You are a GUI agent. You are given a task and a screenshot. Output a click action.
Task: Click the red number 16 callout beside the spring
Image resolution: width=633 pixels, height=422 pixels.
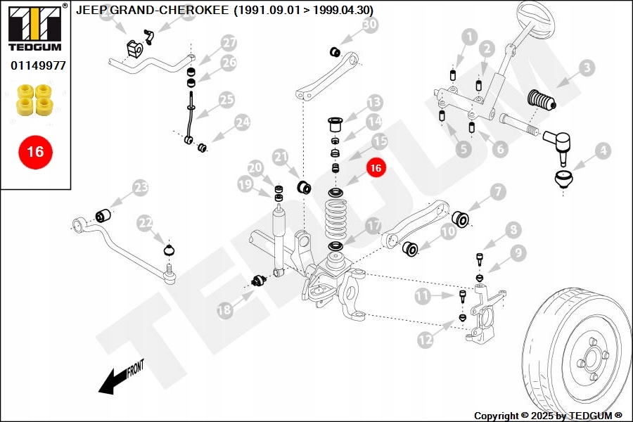(x=376, y=168)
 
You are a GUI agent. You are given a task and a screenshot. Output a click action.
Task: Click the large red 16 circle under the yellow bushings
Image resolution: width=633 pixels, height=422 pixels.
(x=35, y=151)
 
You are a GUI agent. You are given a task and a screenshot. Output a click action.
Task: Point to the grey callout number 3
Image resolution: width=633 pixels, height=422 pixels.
(x=586, y=68)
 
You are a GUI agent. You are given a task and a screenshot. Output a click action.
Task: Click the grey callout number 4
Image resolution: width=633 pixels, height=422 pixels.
(x=602, y=150)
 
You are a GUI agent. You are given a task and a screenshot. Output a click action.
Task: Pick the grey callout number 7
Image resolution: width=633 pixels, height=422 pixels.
(x=497, y=191)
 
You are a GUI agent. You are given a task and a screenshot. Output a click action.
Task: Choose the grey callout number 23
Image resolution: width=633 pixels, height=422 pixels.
(x=141, y=187)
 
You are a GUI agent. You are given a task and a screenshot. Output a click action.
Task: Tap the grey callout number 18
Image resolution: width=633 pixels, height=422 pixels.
(x=224, y=309)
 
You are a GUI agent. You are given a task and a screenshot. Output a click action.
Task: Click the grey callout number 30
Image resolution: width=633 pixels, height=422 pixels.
(x=369, y=25)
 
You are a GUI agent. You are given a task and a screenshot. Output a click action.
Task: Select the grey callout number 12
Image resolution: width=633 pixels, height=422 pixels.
(x=426, y=340)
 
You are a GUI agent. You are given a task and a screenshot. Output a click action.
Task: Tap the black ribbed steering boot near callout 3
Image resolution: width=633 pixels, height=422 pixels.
(x=542, y=100)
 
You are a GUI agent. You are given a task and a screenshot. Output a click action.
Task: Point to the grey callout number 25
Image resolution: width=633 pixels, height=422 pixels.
(x=225, y=99)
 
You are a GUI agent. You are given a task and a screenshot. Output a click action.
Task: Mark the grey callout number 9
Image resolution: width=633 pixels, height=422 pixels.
(x=518, y=252)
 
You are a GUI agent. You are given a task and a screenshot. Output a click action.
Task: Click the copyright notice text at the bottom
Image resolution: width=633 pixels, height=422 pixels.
(x=548, y=416)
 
